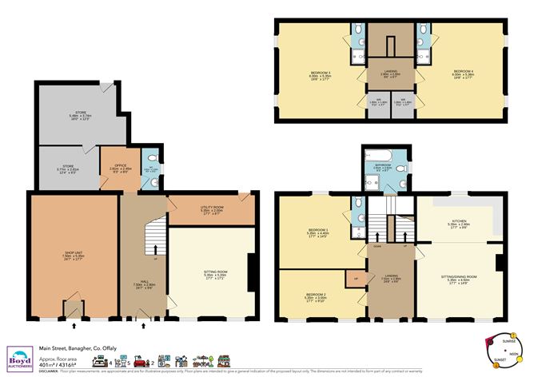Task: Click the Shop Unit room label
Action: [x=74, y=256]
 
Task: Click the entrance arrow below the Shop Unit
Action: [x=74, y=326]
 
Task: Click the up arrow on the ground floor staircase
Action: [x=153, y=249]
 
